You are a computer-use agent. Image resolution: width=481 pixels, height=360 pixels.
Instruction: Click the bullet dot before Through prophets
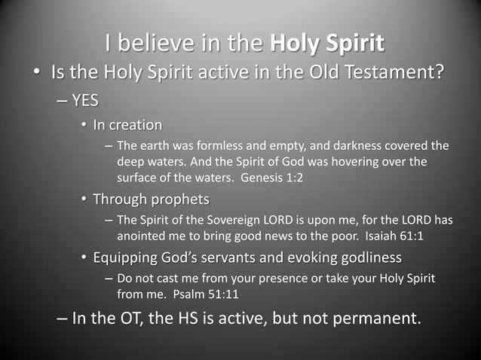coord(84,200)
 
